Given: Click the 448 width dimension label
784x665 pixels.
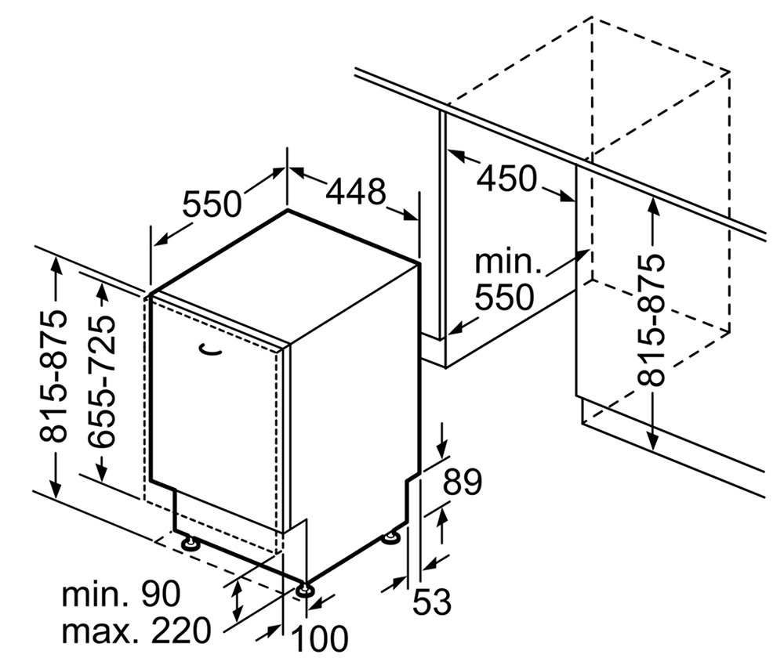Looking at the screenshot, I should [x=356, y=191].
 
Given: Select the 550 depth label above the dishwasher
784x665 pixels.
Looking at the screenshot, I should [x=212, y=204].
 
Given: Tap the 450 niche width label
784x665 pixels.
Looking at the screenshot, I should [x=506, y=179].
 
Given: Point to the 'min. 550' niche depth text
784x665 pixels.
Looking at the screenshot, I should [x=505, y=280].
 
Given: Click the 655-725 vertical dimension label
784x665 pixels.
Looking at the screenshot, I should [x=103, y=382].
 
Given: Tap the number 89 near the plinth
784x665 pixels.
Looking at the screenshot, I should [x=462, y=482].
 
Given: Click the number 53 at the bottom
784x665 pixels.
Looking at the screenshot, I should [x=432, y=602].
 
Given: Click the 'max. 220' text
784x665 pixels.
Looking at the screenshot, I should [x=137, y=629].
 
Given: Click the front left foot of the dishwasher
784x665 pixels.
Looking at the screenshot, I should [x=189, y=542].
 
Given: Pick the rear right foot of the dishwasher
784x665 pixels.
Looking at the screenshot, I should [x=390, y=537].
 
